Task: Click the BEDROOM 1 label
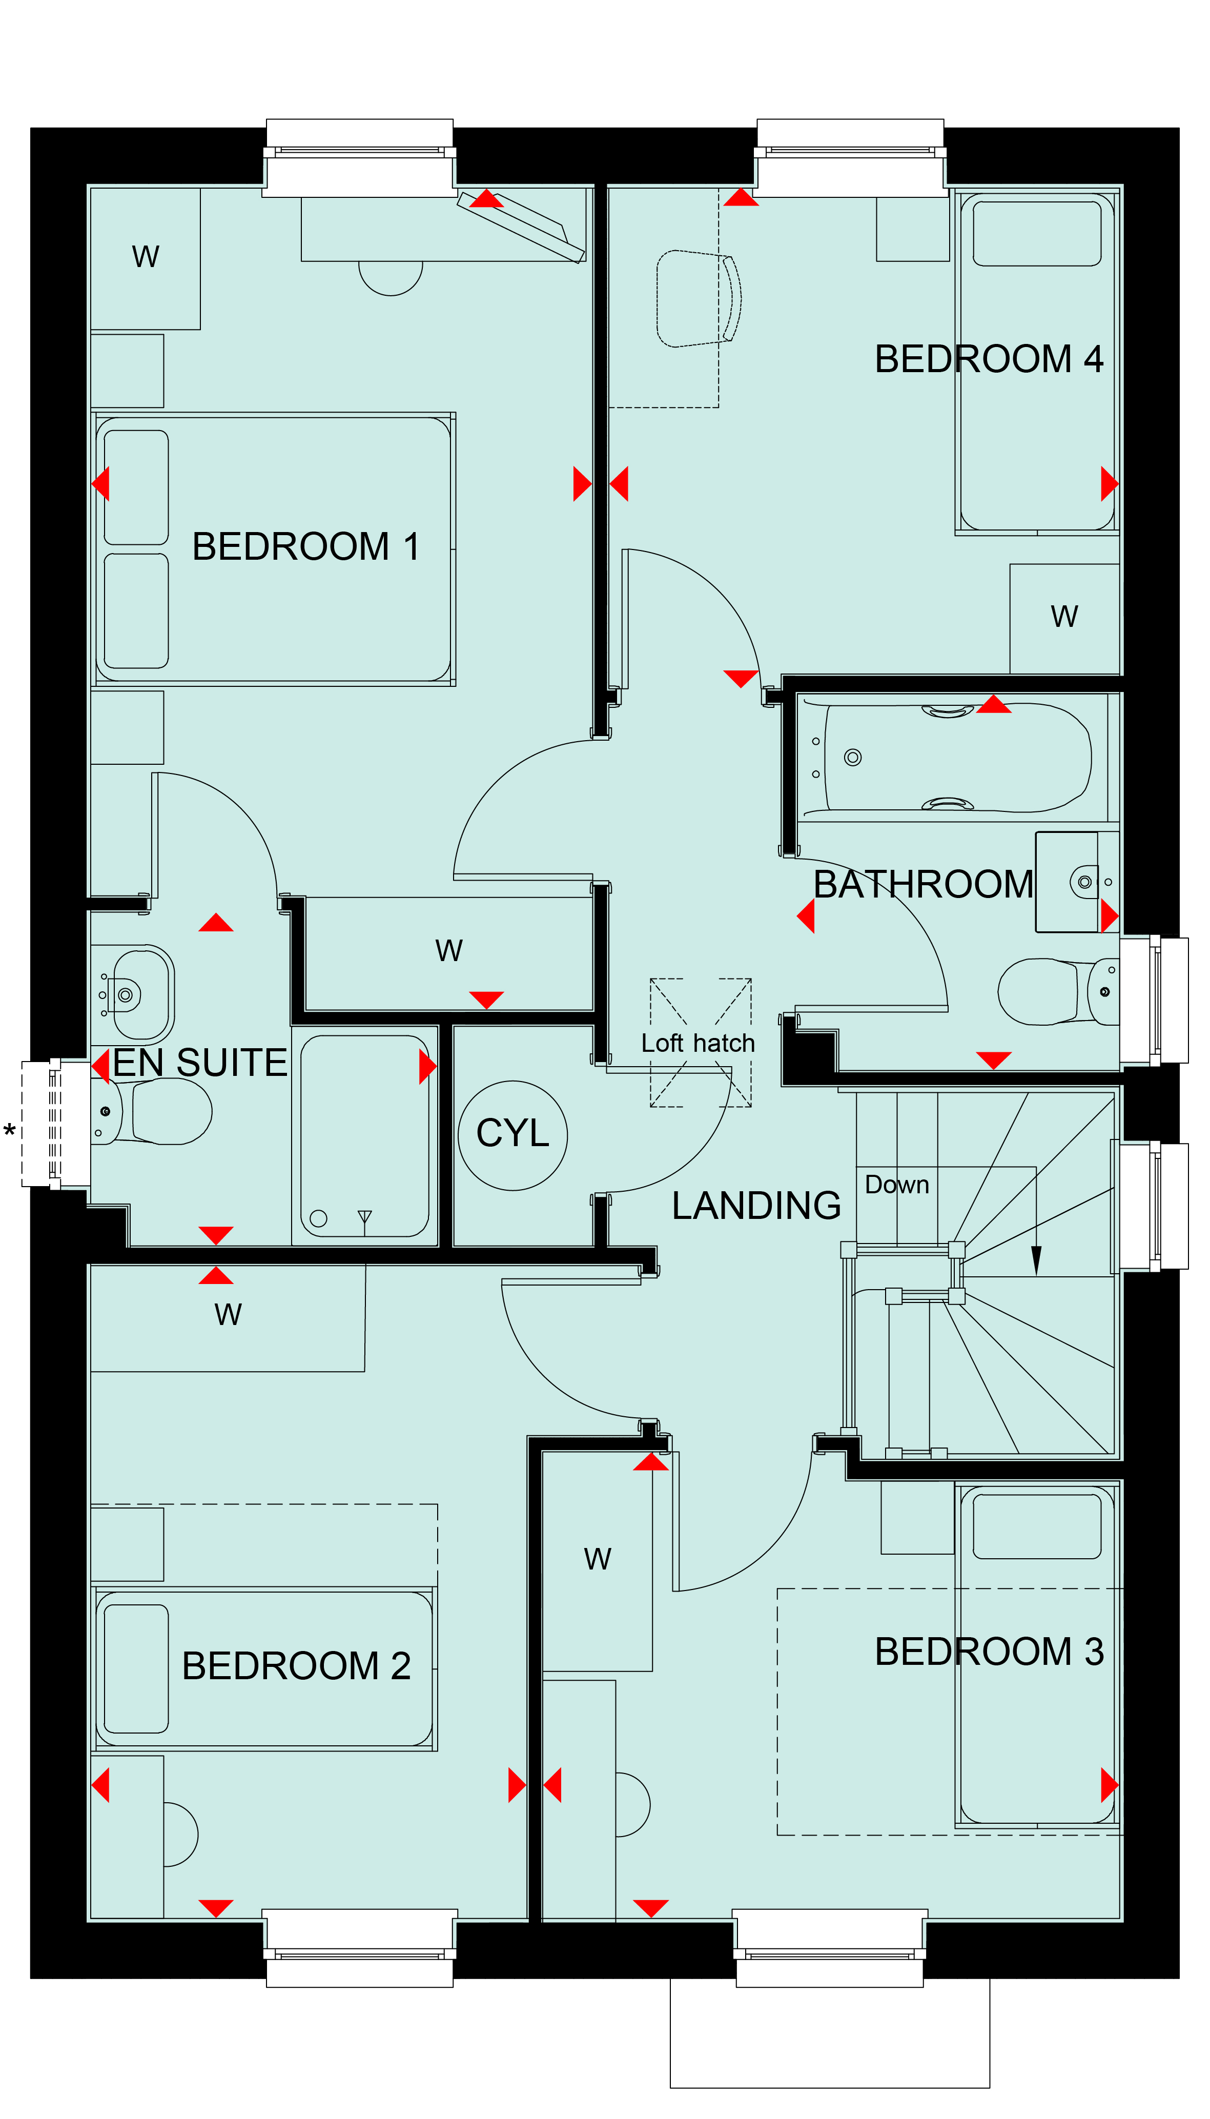tap(306, 547)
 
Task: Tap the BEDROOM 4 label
tap(989, 359)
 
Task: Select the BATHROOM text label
tap(924, 884)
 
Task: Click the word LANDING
tap(756, 1205)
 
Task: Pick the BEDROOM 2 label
tap(297, 1665)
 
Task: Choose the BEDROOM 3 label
tap(989, 1651)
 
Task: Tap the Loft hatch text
tap(698, 1043)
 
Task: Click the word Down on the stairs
tap(897, 1184)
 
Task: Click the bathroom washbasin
tap(1077, 882)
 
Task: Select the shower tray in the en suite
tap(365, 1135)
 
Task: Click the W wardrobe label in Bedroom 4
tap(1064, 617)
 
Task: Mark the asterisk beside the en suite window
tap(10, 1131)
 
